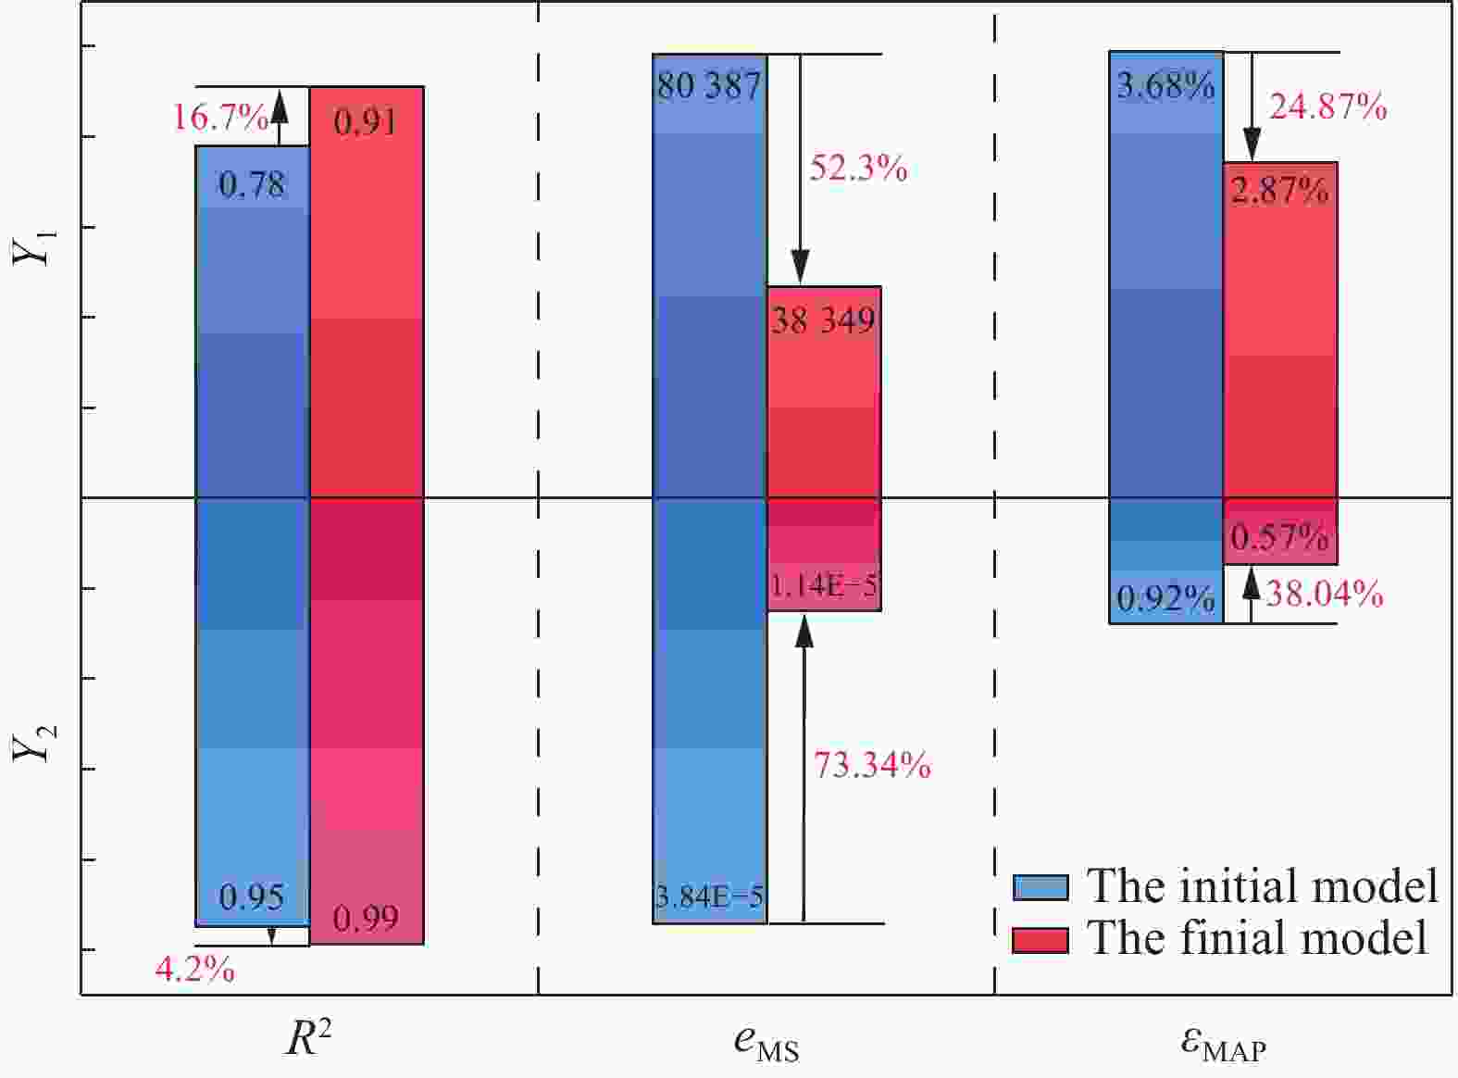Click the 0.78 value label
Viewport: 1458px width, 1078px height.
pos(252,185)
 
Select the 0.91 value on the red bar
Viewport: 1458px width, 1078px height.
pos(366,121)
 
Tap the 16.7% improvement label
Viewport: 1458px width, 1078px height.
pos(219,118)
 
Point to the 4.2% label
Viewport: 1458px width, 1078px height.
pos(194,970)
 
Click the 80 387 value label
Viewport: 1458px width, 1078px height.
pos(709,86)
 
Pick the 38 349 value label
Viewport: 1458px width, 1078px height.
pos(823,320)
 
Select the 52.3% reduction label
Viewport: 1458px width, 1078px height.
pos(858,168)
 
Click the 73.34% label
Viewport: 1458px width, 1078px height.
pos(872,765)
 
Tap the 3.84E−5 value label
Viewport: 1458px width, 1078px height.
pos(709,896)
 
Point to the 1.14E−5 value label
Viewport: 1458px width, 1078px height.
pos(823,585)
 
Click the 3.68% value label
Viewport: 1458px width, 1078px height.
pos(1165,86)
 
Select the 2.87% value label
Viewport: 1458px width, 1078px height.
pos(1279,191)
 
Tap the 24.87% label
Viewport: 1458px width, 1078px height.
pos(1327,107)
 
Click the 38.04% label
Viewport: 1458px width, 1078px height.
pos(1324,594)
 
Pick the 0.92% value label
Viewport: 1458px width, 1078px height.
pos(1165,600)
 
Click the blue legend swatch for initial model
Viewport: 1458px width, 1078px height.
pos(1041,887)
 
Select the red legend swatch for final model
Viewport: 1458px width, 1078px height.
pos(1041,939)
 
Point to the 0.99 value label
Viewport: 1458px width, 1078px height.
pos(366,919)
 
